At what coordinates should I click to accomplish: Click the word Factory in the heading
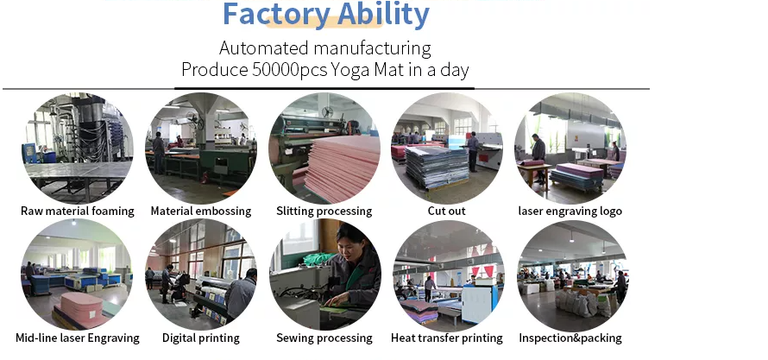coord(276,14)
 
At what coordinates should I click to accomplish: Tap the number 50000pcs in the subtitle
coord(289,70)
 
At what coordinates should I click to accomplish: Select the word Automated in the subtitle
coord(264,48)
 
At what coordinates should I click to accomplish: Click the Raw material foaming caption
coord(78,212)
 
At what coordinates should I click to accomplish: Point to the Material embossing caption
coord(201,212)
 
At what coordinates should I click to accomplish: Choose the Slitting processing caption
coord(324,212)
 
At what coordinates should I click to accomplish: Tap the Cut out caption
coord(447,212)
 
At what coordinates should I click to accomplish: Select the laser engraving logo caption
coord(570,212)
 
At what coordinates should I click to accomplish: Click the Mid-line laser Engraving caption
coord(78,338)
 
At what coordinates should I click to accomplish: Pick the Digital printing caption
coord(201,338)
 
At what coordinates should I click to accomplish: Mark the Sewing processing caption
coord(324,338)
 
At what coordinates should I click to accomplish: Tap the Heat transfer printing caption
coord(447,338)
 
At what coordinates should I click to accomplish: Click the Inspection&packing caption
coord(570,338)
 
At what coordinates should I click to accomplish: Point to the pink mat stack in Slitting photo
coord(343,167)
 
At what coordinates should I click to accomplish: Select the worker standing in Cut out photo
coord(473,151)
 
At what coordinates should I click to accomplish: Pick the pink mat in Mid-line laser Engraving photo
coord(82,306)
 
